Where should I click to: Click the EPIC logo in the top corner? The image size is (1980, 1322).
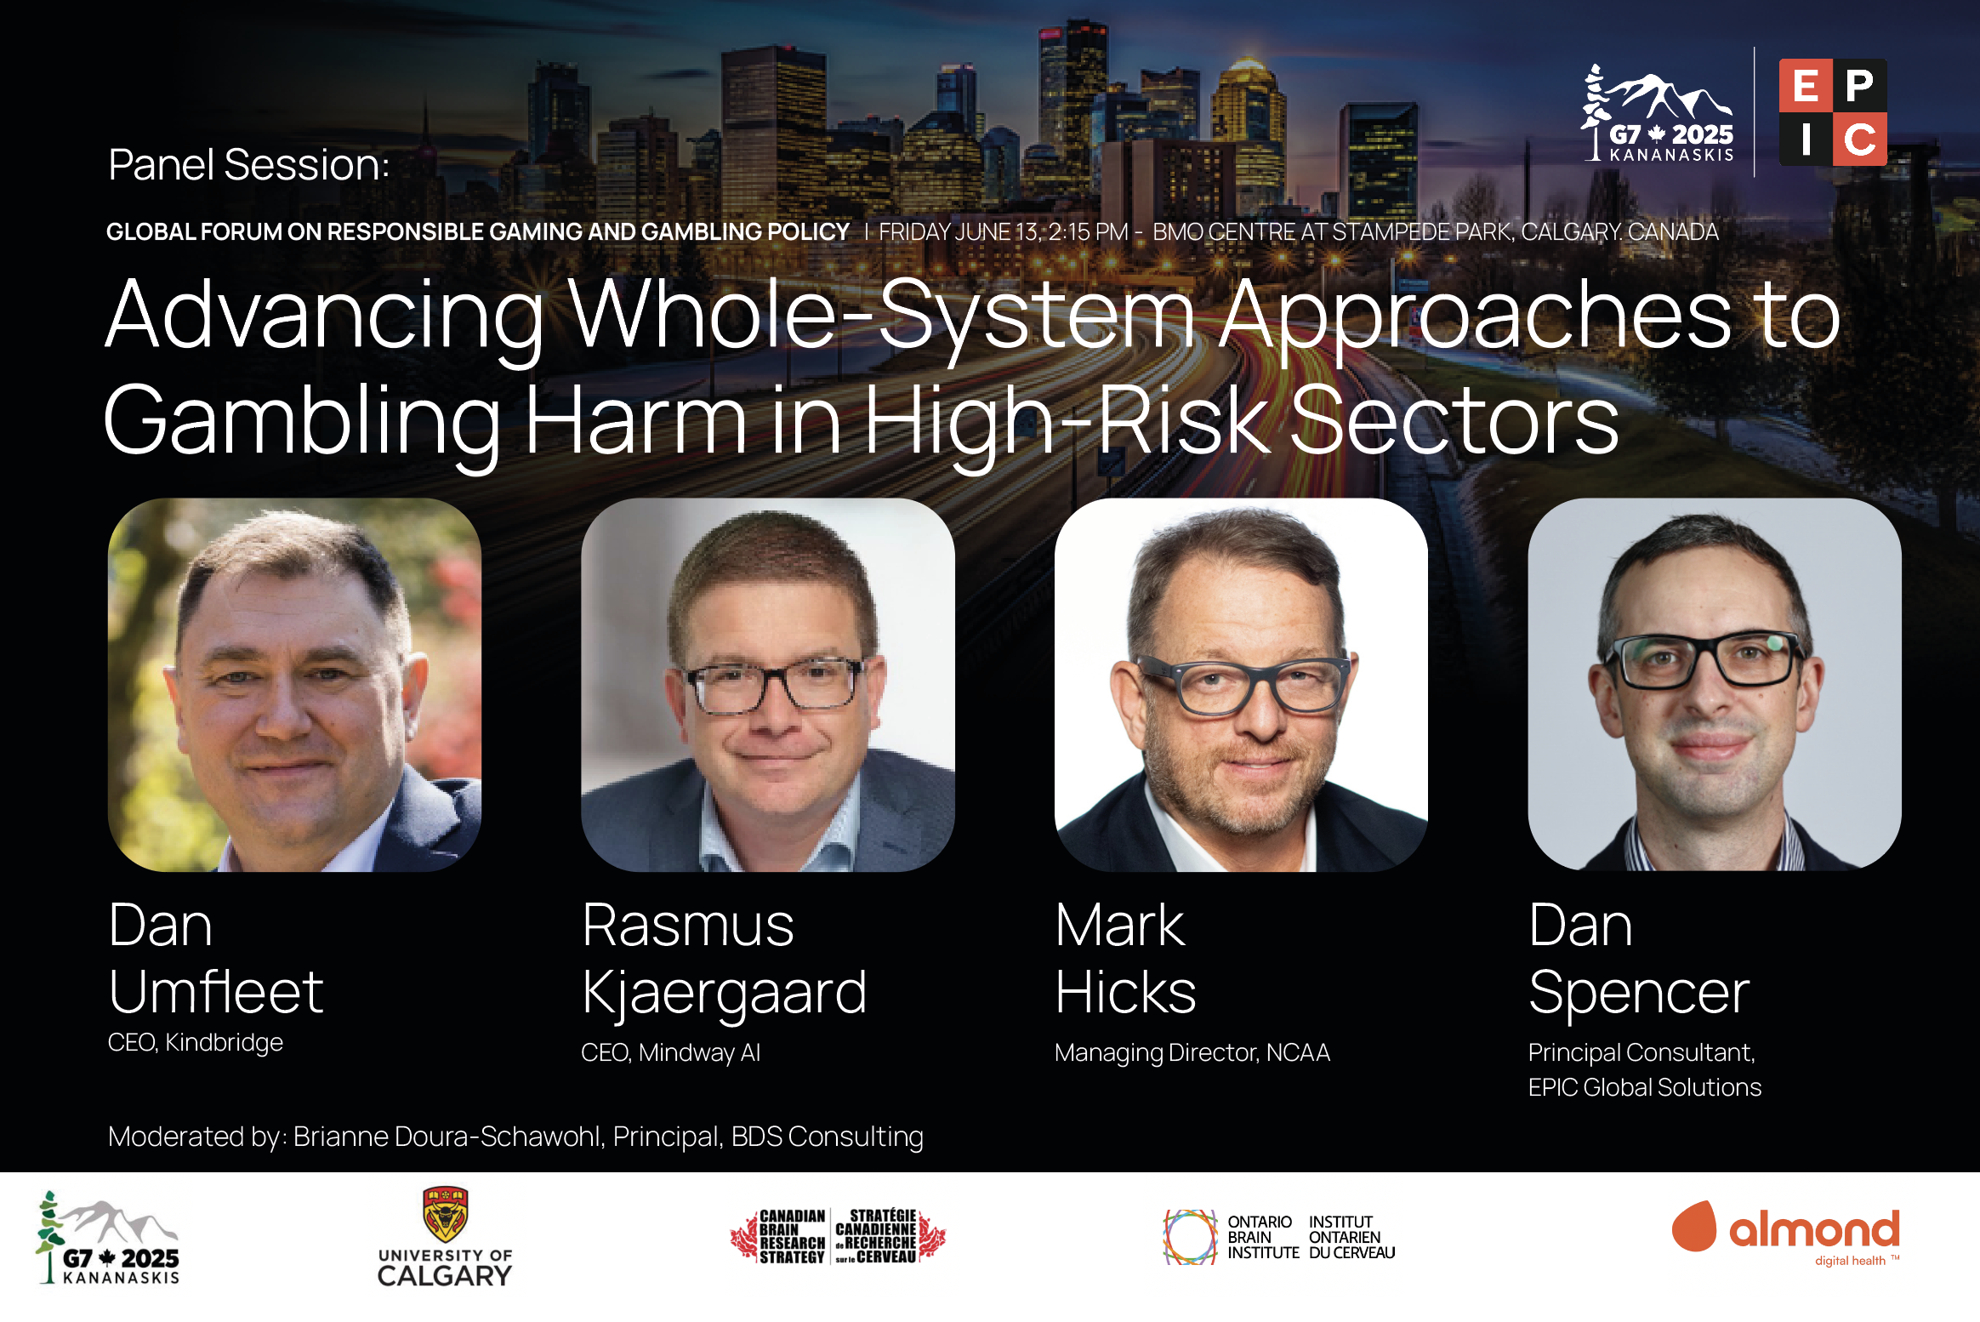[x=1833, y=112]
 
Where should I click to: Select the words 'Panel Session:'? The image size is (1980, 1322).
[x=248, y=164]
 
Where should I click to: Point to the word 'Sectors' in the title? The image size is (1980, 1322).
[x=1454, y=419]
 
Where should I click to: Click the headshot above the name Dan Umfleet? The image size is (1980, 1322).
[x=294, y=685]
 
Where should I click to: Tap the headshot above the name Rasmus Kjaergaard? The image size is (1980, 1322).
[x=767, y=685]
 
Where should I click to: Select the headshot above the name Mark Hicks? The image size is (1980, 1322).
[x=1241, y=685]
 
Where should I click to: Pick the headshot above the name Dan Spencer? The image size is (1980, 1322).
[x=1715, y=685]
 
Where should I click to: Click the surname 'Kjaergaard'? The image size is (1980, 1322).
[x=724, y=994]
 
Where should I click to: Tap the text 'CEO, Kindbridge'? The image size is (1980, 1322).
[x=196, y=1042]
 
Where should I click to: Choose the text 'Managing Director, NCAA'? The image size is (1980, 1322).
[x=1192, y=1053]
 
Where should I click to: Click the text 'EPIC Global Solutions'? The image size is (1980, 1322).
[x=1645, y=1087]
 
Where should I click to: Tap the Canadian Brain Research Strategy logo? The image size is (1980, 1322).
[x=838, y=1236]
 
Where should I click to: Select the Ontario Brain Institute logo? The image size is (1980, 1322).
[x=1279, y=1237]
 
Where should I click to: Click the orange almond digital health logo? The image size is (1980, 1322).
[x=1785, y=1234]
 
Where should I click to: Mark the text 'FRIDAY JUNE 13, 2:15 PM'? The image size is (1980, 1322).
[x=1004, y=231]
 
